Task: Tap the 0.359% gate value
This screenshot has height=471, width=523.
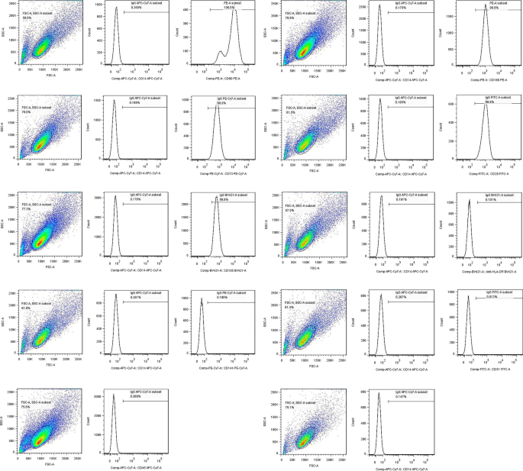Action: [125, 8]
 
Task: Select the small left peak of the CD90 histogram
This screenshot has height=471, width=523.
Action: [221, 52]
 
